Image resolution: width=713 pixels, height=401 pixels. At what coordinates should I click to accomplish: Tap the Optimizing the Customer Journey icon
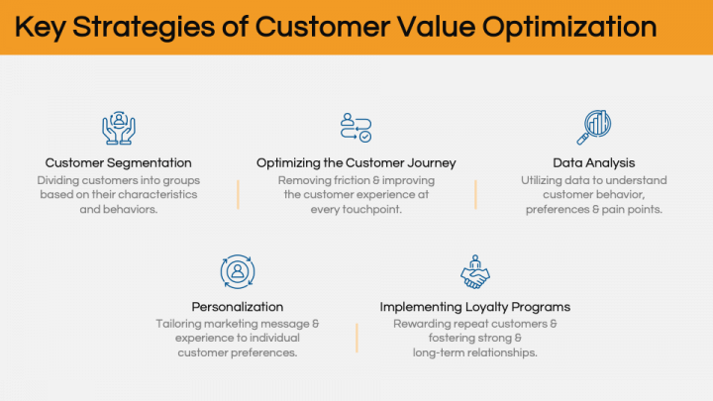[356, 128]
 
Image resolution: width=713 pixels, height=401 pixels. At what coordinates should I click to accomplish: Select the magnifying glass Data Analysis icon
[594, 128]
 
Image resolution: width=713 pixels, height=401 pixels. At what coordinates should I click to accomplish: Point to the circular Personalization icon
[238, 271]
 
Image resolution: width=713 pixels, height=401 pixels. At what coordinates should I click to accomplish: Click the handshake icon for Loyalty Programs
[475, 271]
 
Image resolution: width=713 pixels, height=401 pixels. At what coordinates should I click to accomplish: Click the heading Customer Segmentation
[119, 162]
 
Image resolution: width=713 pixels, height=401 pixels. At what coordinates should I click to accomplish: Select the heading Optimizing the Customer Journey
[356, 162]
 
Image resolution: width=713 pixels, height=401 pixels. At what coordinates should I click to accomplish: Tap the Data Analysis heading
[594, 162]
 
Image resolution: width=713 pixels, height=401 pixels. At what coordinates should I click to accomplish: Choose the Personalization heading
[238, 307]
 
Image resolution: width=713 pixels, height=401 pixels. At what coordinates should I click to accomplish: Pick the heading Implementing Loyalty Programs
[475, 307]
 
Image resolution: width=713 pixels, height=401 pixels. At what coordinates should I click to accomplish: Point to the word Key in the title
[39, 27]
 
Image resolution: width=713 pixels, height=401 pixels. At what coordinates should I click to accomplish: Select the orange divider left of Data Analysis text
[476, 195]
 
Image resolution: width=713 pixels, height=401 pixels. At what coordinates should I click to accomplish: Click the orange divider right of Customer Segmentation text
[238, 195]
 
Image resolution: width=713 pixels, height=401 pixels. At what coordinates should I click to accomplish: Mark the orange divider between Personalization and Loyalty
[356, 338]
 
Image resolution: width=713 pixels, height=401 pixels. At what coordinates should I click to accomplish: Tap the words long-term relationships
[475, 352]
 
